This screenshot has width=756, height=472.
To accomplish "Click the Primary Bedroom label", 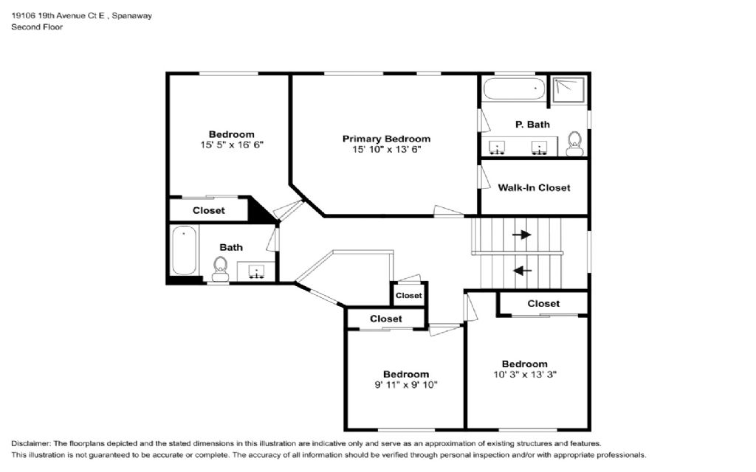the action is click(x=386, y=139).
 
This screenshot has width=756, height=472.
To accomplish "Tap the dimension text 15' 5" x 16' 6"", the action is click(x=232, y=145).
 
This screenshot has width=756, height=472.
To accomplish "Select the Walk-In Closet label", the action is click(x=534, y=188).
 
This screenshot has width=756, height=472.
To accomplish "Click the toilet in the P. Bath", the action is click(x=574, y=144).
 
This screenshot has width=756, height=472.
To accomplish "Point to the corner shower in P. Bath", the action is click(x=569, y=89).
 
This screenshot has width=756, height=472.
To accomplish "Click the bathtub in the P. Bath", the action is click(x=514, y=88).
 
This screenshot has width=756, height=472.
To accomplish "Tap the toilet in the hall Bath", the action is click(x=220, y=268).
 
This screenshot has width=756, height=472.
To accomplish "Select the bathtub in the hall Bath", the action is click(x=184, y=250).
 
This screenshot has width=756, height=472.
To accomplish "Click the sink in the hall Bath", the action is click(x=256, y=271).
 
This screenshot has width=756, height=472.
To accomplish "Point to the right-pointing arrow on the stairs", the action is click(x=521, y=235).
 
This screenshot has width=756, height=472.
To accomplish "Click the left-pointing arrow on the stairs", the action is click(x=522, y=271).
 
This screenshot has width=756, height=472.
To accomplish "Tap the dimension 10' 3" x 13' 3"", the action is click(x=525, y=374).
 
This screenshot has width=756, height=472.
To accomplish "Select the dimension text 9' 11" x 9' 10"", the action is click(x=406, y=385).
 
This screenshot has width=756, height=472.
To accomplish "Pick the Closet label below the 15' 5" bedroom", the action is click(x=208, y=210).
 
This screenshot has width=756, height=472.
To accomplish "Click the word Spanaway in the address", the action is click(x=132, y=15).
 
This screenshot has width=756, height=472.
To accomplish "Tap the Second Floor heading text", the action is click(x=37, y=27).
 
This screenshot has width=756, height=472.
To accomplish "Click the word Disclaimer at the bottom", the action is click(x=30, y=443).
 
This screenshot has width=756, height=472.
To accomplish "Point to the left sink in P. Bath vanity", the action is click(x=497, y=147).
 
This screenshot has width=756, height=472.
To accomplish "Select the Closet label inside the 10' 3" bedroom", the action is click(x=543, y=303).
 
